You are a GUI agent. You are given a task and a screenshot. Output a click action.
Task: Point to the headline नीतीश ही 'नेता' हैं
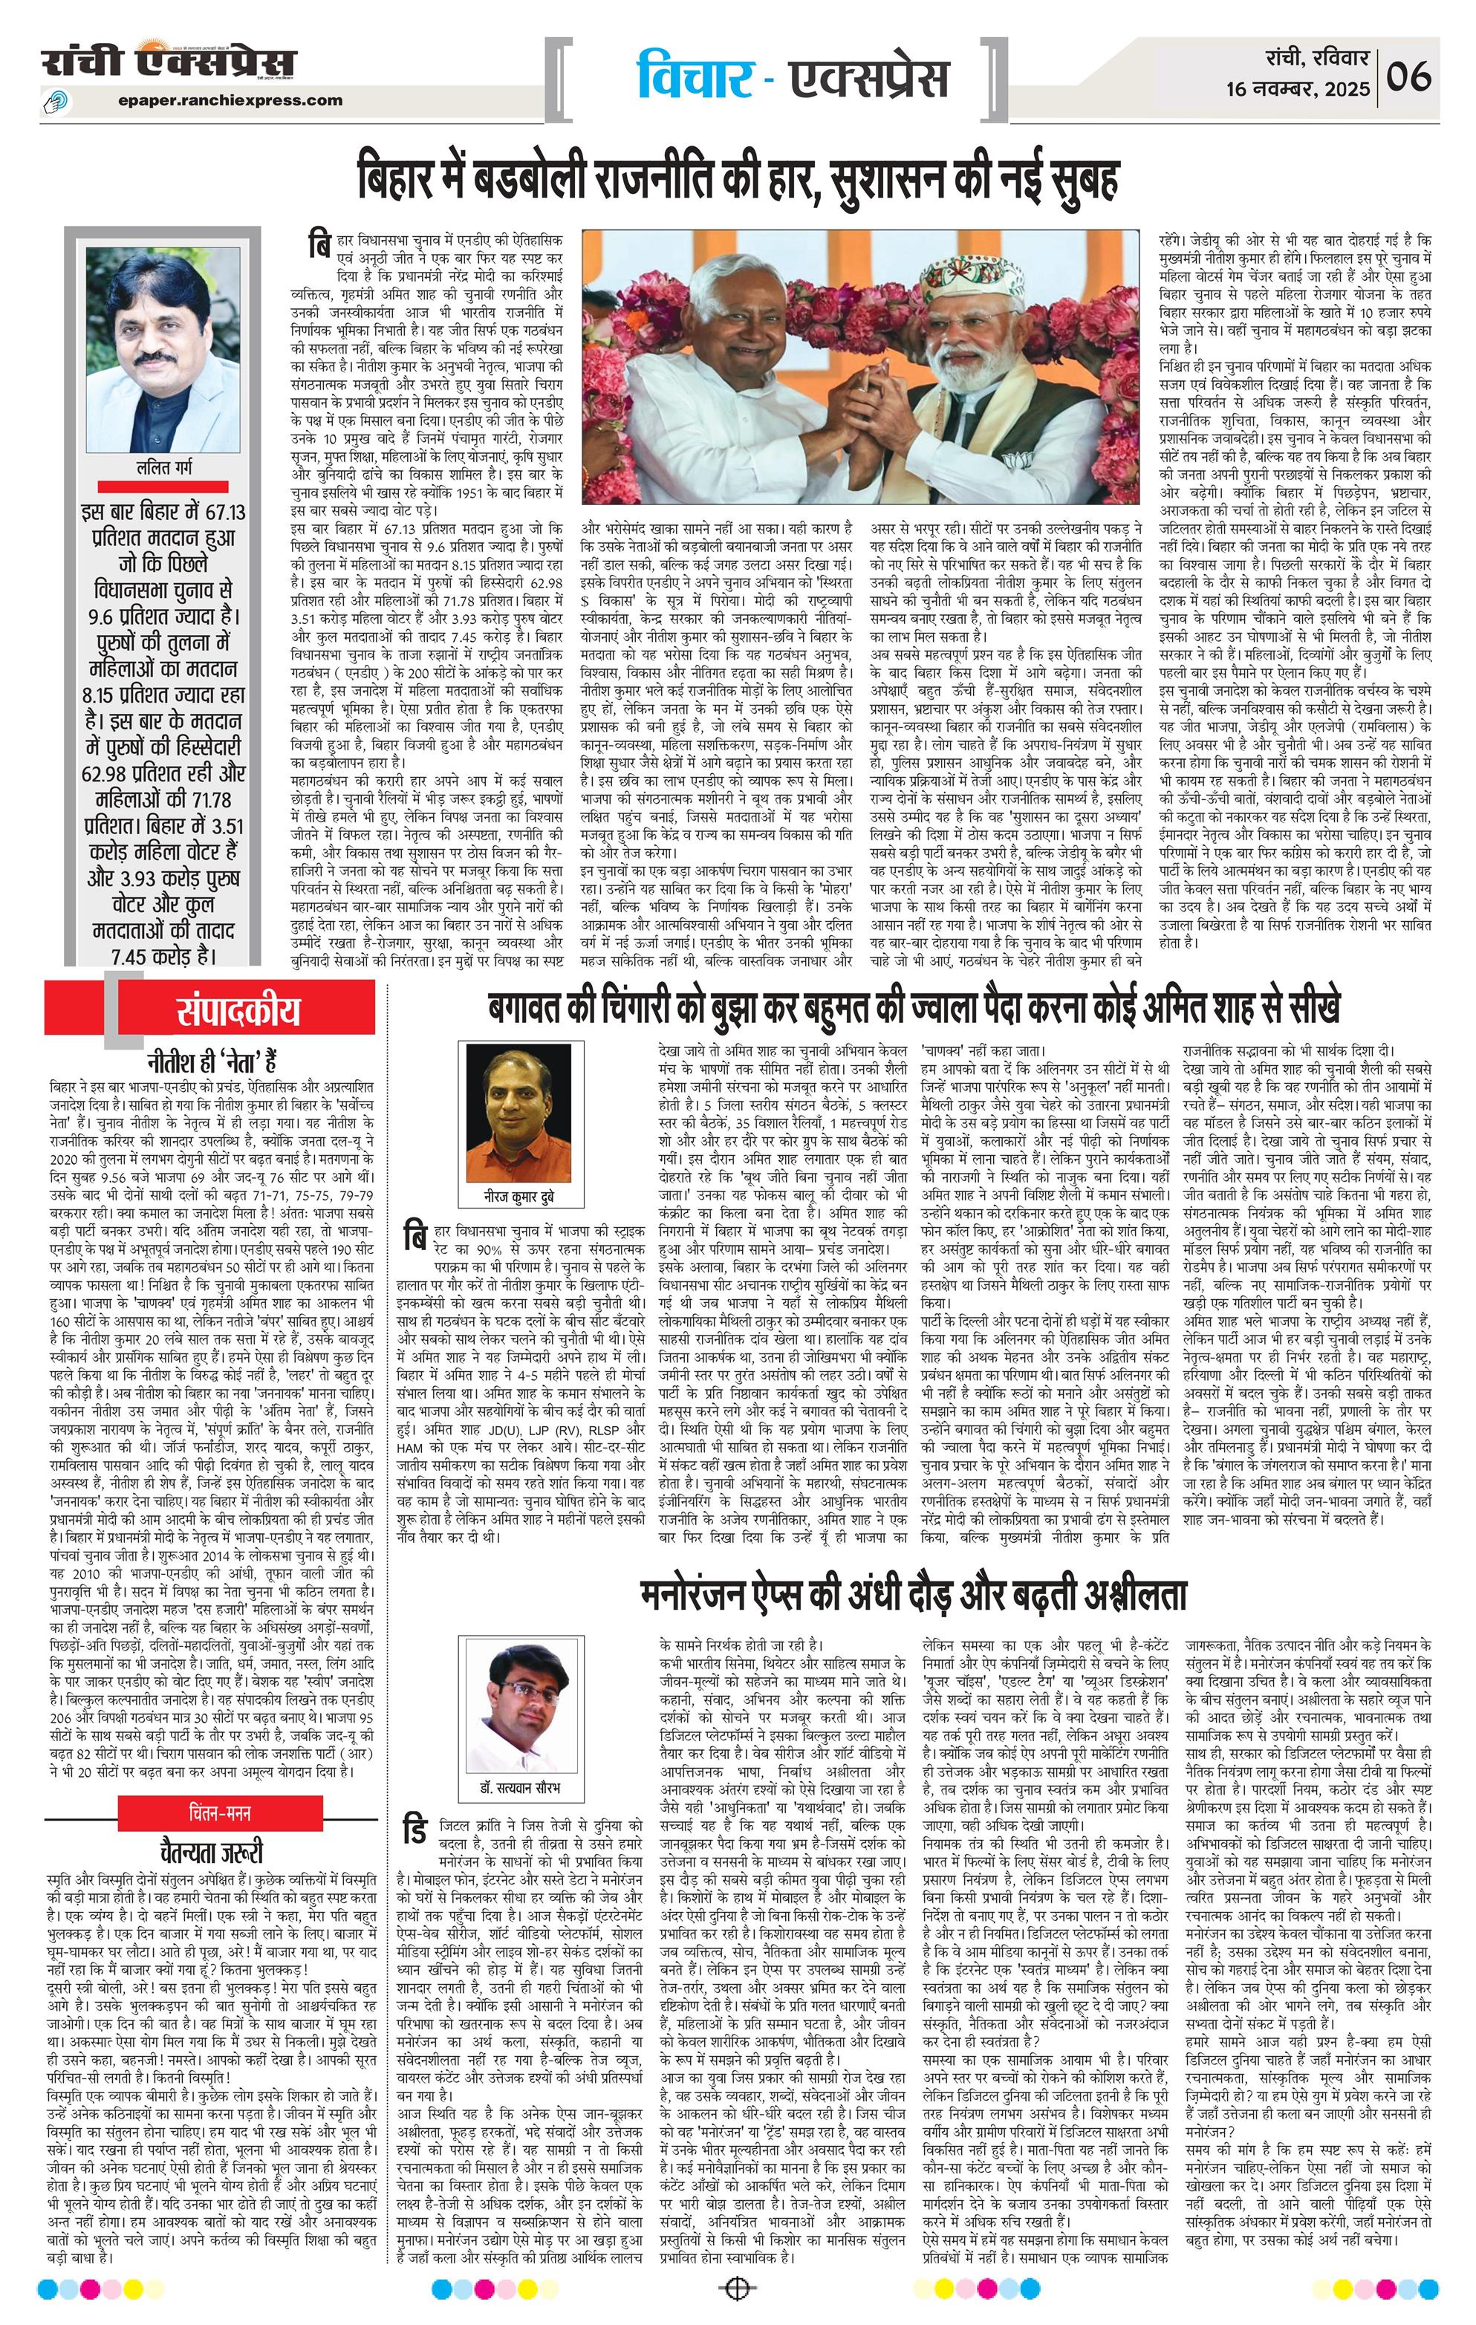pos(212,1062)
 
